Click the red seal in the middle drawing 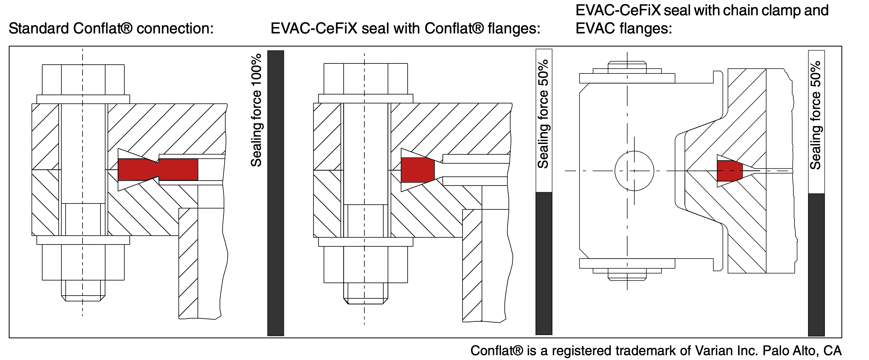pos(417,170)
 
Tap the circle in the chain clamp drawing pos(634,171)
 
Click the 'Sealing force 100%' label pos(257,110)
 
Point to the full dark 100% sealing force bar pos(275,193)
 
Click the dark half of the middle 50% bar pos(544,263)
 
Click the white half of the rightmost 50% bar pos(816,121)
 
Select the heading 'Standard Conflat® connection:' pos(111,28)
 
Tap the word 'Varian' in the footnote pos(711,351)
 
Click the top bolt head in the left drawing pos(83,80)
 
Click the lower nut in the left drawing pos(83,262)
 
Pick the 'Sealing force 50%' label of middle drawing pos(543,114)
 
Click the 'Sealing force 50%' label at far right pos(815,115)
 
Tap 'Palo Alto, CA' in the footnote pos(802,351)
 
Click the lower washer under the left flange pos(83,240)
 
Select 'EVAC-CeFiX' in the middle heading pos(314,28)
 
